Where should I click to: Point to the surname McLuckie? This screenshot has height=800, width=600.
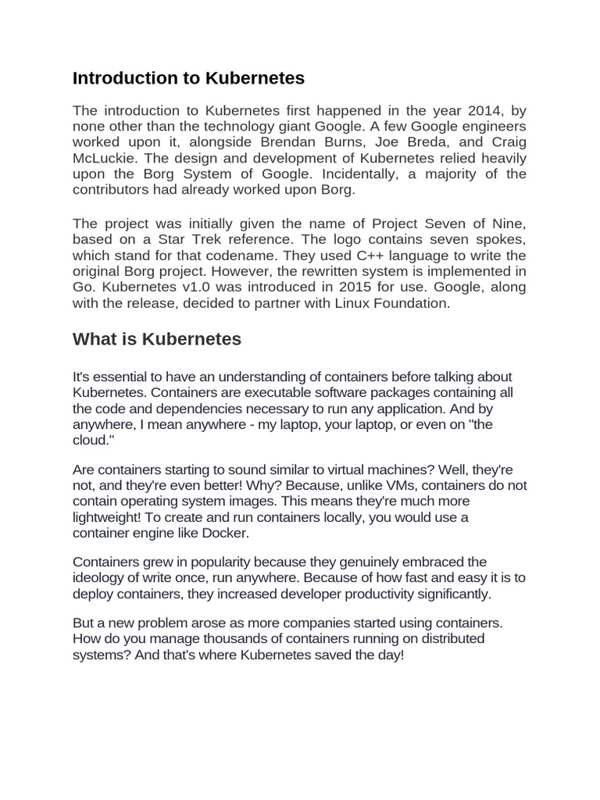(x=108, y=158)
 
